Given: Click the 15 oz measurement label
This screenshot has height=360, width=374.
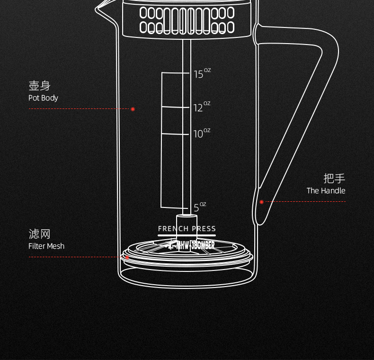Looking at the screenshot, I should click(x=201, y=73).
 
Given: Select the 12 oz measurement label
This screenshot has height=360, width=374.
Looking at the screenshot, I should click(x=201, y=107).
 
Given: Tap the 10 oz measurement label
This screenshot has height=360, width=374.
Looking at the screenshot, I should click(x=201, y=134).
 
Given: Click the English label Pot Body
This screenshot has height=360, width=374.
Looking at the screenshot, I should click(x=43, y=98).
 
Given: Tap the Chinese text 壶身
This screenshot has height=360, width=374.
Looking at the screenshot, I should click(x=39, y=86).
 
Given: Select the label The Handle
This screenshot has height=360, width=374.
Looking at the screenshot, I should click(x=326, y=191).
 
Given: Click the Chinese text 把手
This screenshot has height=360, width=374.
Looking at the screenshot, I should click(x=334, y=179).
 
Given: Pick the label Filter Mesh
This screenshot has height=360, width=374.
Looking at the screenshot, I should click(x=46, y=246).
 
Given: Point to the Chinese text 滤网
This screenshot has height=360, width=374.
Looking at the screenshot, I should click(x=39, y=234).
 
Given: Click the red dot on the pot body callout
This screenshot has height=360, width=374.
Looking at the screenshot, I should click(x=133, y=109).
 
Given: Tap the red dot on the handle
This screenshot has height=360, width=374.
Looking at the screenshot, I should click(x=261, y=202).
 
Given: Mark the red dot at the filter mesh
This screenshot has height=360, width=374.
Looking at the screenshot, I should click(x=127, y=257).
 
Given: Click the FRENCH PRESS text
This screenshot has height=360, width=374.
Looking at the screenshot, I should click(x=187, y=229).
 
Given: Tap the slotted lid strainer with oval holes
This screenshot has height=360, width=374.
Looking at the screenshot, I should click(x=187, y=20).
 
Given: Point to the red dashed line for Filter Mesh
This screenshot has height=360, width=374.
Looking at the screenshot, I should click(x=76, y=257).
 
